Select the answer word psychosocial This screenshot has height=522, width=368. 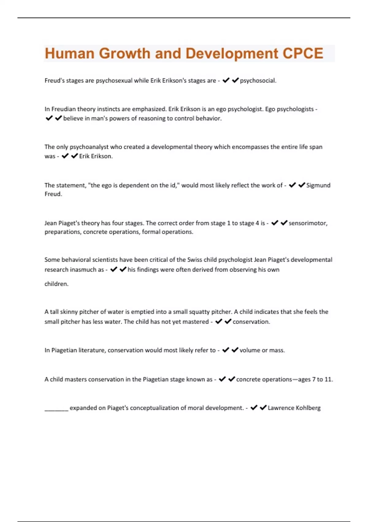point(258,81)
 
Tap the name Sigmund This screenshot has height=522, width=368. point(318,185)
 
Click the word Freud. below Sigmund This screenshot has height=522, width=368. point(53,194)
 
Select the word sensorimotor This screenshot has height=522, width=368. point(308,223)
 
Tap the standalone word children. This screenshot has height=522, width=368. point(56,284)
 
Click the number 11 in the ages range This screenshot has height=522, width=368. point(328,380)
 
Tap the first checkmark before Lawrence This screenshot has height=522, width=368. point(254,408)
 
